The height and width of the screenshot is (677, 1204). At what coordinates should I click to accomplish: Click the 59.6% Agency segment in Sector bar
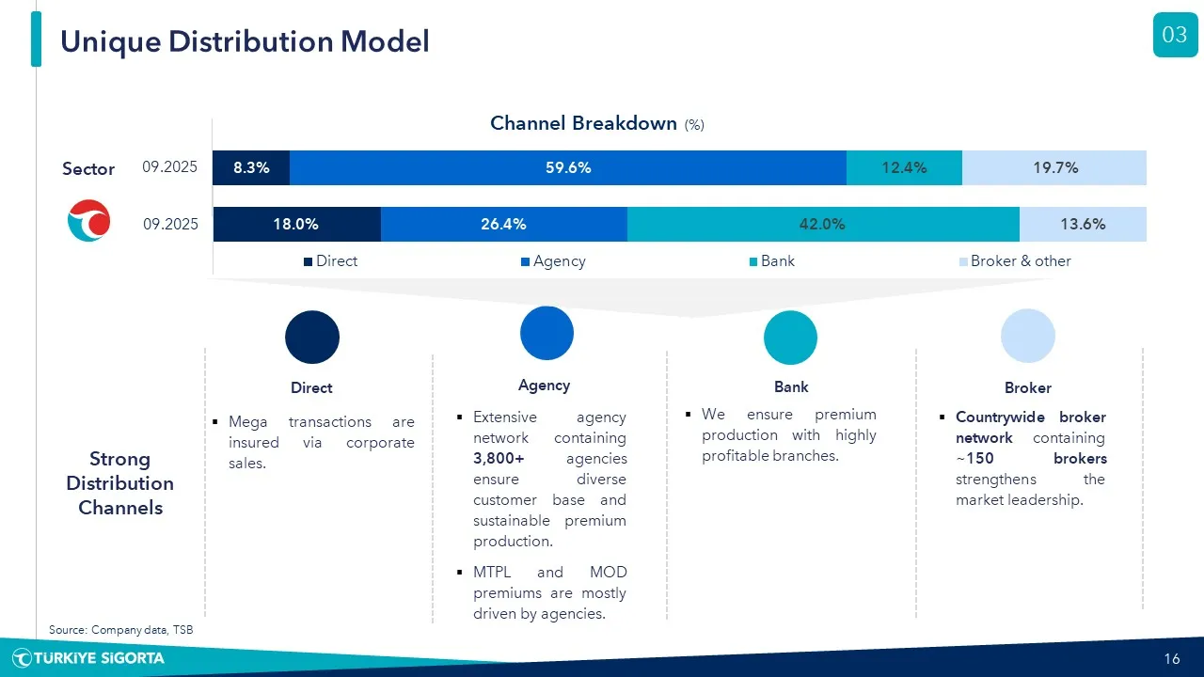(x=568, y=168)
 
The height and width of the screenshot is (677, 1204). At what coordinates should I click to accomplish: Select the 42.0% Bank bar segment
(x=823, y=224)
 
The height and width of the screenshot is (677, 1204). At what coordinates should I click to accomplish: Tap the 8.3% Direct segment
(x=251, y=168)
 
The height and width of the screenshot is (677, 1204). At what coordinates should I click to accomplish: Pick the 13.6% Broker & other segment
(x=1083, y=224)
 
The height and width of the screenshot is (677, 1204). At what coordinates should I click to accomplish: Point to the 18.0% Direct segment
(x=296, y=224)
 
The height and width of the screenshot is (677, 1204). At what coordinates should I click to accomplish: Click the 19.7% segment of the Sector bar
(x=1054, y=168)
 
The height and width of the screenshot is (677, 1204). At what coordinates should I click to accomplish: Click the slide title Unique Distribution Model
(x=245, y=41)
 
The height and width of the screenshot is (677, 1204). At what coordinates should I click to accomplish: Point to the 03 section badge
(x=1175, y=36)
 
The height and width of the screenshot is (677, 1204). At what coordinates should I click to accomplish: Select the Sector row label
(x=88, y=169)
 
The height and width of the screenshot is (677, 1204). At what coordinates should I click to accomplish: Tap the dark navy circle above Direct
(x=312, y=337)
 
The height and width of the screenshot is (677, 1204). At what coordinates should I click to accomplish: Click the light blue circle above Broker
(x=1028, y=336)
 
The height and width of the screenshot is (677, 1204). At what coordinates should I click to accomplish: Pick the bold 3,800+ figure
(x=499, y=459)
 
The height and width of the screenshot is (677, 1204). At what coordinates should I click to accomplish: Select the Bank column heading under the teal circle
(x=791, y=386)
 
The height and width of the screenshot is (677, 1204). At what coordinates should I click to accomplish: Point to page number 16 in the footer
(x=1172, y=658)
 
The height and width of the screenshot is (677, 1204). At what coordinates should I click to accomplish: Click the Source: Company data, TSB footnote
(x=120, y=630)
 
